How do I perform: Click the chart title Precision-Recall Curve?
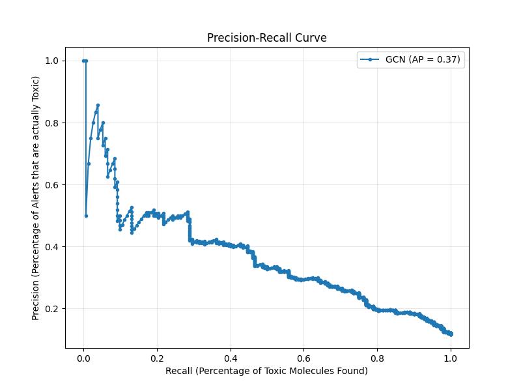266,38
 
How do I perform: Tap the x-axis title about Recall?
266,371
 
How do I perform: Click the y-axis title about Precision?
36,198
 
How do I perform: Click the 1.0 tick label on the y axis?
51,61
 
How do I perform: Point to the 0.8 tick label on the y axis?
51,123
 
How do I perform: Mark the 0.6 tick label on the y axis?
51,184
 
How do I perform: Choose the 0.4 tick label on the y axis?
51,246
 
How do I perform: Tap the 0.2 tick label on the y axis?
51,308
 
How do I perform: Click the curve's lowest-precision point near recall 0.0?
86,216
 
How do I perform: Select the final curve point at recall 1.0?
451,334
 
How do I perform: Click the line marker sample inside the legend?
370,59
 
